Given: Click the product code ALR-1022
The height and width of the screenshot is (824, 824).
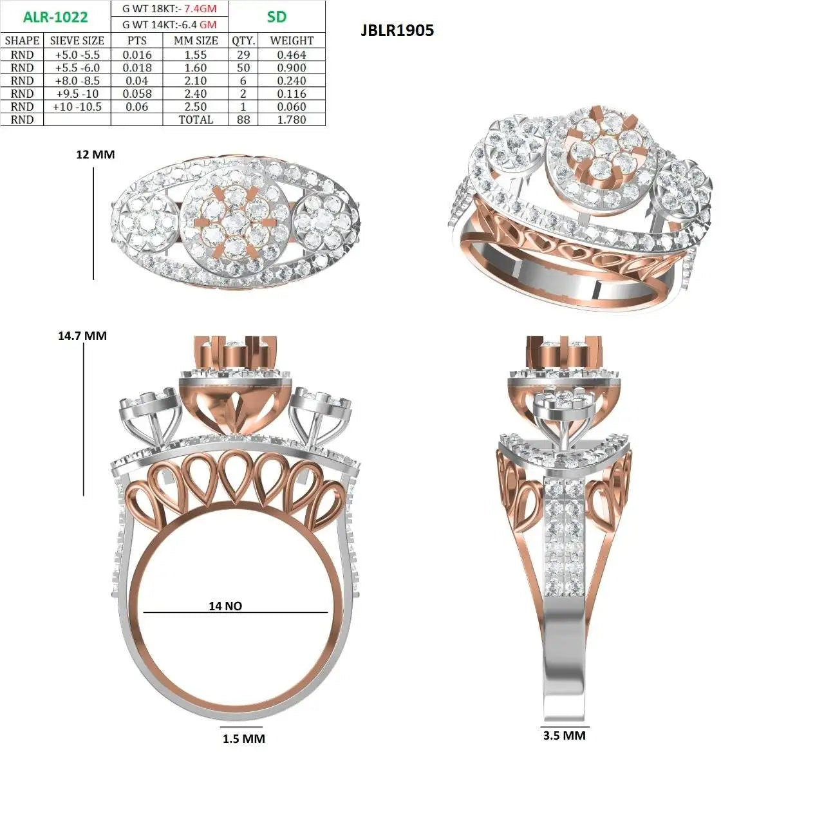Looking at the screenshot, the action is click(55, 17).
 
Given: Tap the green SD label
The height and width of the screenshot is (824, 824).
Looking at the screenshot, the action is click(276, 17).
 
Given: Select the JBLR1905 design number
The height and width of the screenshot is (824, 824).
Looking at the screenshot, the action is click(397, 30).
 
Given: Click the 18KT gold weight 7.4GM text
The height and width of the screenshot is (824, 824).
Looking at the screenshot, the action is click(169, 8).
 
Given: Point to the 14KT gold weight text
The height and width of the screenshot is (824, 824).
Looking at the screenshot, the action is click(169, 25).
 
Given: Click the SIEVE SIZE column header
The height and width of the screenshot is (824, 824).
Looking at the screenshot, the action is click(77, 41).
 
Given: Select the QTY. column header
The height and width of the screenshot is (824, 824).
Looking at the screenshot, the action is click(243, 41).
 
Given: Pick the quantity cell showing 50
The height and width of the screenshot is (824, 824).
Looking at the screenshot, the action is click(243, 68).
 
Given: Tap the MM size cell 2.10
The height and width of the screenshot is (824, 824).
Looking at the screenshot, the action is click(196, 81).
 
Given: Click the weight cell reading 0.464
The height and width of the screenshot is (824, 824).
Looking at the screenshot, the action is click(292, 55).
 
